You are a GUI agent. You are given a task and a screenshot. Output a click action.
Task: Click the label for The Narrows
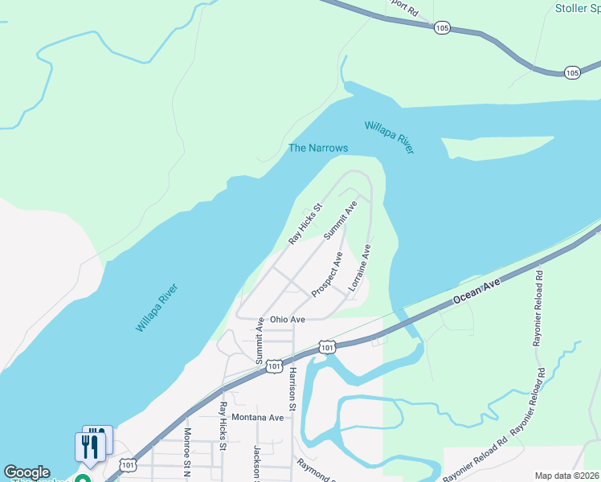coord(318,148)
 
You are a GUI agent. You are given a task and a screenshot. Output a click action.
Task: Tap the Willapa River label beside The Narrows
coord(390,137)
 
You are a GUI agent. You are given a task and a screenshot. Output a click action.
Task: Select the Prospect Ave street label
coord(327,275)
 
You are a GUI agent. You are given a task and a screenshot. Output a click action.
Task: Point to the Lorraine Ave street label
coord(359,268)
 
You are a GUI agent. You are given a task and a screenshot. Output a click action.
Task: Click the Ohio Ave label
coord(288,320)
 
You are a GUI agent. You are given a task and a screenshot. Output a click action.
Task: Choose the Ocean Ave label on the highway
coord(476,292)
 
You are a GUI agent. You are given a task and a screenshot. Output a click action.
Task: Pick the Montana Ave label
coord(258,418)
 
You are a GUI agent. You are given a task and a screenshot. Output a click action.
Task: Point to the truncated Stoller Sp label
coord(578,9)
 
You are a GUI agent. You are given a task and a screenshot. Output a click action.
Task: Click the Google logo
coord(27,472)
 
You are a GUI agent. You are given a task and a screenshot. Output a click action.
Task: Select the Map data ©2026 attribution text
coord(566,476)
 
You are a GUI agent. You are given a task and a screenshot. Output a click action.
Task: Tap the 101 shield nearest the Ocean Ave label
coord(326,347)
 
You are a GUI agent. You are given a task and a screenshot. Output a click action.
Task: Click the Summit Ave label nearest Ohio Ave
coord(260,341)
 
